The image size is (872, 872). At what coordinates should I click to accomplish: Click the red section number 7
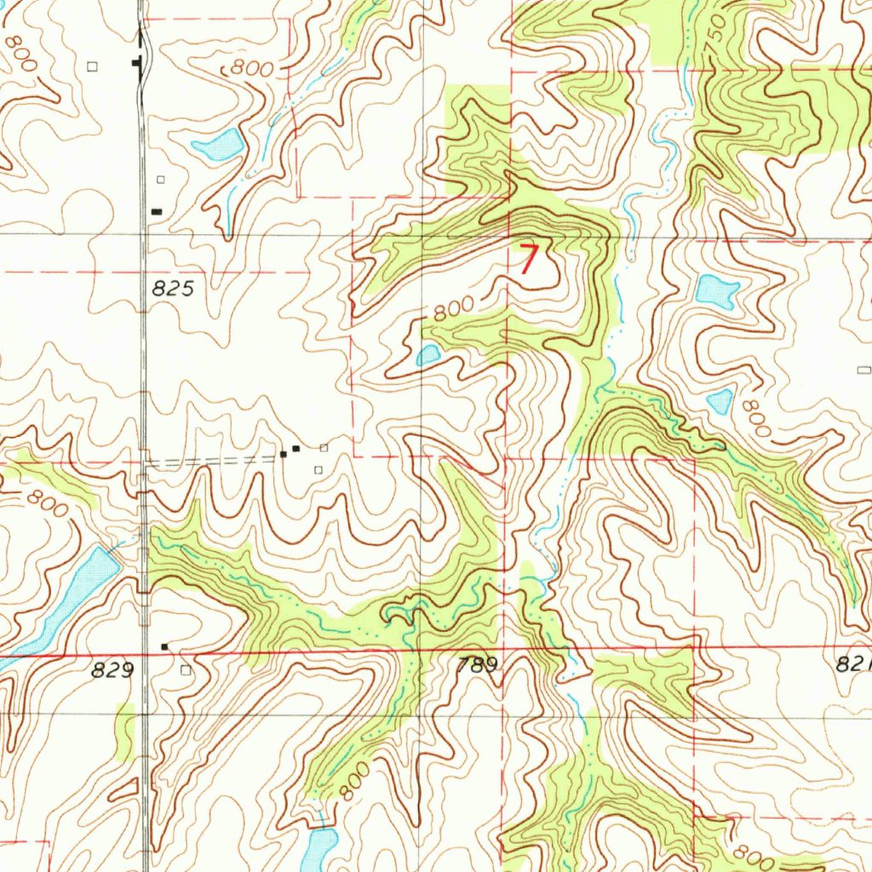(x=530, y=259)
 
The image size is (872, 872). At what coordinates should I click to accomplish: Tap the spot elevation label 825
(x=175, y=289)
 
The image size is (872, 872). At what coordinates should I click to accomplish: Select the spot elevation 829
(x=112, y=671)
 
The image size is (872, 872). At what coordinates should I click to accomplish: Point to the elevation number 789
(x=476, y=666)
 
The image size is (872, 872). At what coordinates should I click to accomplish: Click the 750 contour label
(x=718, y=32)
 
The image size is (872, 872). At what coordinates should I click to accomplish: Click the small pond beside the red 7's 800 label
(x=428, y=354)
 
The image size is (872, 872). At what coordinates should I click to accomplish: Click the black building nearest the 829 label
(x=165, y=647)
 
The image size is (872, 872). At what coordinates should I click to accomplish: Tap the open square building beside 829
(x=186, y=670)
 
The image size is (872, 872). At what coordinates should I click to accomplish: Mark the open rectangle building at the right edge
(x=864, y=370)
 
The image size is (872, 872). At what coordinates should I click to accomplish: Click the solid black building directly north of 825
(x=157, y=211)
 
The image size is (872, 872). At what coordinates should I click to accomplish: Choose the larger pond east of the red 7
(x=716, y=292)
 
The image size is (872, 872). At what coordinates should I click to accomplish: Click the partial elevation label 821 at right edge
(x=853, y=666)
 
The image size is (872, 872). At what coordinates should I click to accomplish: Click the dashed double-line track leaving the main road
(x=213, y=461)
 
